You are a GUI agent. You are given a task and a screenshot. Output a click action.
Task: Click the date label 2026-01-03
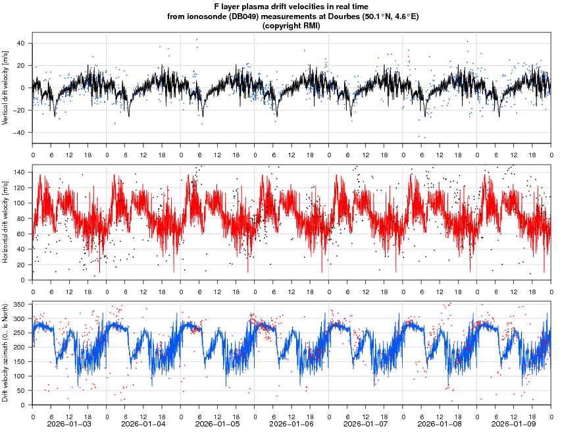[x=70, y=424]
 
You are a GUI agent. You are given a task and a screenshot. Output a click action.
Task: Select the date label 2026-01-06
[x=292, y=424]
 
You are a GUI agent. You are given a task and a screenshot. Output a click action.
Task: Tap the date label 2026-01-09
[x=515, y=424]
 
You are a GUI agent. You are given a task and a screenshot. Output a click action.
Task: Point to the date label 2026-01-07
[x=367, y=424]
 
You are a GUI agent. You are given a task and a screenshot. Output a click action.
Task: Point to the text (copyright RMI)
[x=291, y=26]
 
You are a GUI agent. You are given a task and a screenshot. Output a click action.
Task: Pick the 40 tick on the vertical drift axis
[x=20, y=43]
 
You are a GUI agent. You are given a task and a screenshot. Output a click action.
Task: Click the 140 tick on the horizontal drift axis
[x=18, y=172]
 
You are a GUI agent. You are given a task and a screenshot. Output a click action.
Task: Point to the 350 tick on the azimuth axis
[x=18, y=305]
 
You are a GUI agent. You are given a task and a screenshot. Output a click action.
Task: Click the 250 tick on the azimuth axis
[x=18, y=333]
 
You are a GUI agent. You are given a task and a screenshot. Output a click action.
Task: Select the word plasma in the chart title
[x=254, y=7]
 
